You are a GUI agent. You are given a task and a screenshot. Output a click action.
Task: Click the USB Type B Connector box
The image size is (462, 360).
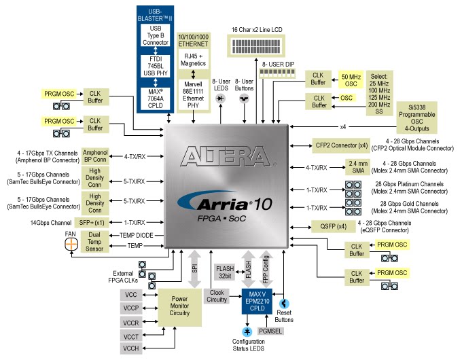[x=156, y=35]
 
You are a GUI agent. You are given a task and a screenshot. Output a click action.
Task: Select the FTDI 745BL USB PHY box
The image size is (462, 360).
[x=156, y=66]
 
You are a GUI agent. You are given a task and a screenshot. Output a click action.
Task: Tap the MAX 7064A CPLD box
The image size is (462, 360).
[x=156, y=98]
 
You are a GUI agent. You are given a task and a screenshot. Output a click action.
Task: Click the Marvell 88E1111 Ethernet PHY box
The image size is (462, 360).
[x=193, y=94]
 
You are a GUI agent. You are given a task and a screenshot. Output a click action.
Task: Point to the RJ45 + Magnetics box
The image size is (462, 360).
[x=193, y=59]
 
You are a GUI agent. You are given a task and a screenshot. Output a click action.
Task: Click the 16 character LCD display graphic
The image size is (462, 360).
[x=256, y=46]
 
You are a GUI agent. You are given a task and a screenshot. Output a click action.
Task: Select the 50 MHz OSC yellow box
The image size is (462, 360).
[x=351, y=80]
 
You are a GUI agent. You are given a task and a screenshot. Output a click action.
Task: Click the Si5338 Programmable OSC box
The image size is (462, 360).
[x=416, y=118]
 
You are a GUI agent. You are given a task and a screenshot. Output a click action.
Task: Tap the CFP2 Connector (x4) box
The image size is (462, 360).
[x=341, y=145]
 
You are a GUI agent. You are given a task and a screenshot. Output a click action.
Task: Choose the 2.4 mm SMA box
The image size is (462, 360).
[x=358, y=167]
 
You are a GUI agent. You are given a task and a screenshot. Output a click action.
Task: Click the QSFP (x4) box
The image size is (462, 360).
[x=333, y=227]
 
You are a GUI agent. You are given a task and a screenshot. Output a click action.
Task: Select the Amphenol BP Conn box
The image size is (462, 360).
[x=95, y=156]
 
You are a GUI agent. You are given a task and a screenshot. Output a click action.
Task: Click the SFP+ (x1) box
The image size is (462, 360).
[x=91, y=223]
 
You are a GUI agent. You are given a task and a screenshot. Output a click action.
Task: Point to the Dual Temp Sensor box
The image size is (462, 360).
[x=94, y=242]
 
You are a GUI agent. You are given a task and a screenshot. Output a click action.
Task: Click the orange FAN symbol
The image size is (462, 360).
[x=71, y=245]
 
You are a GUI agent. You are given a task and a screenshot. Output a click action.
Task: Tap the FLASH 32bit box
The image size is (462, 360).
[x=225, y=272]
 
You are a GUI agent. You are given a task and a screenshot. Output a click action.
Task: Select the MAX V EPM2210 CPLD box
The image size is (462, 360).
[x=257, y=302]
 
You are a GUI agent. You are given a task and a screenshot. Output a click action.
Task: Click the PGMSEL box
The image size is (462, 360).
[x=270, y=331]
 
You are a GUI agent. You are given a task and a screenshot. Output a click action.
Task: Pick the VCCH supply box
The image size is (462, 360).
[x=131, y=348]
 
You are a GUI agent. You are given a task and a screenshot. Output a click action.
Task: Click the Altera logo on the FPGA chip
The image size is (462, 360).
[x=226, y=156]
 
